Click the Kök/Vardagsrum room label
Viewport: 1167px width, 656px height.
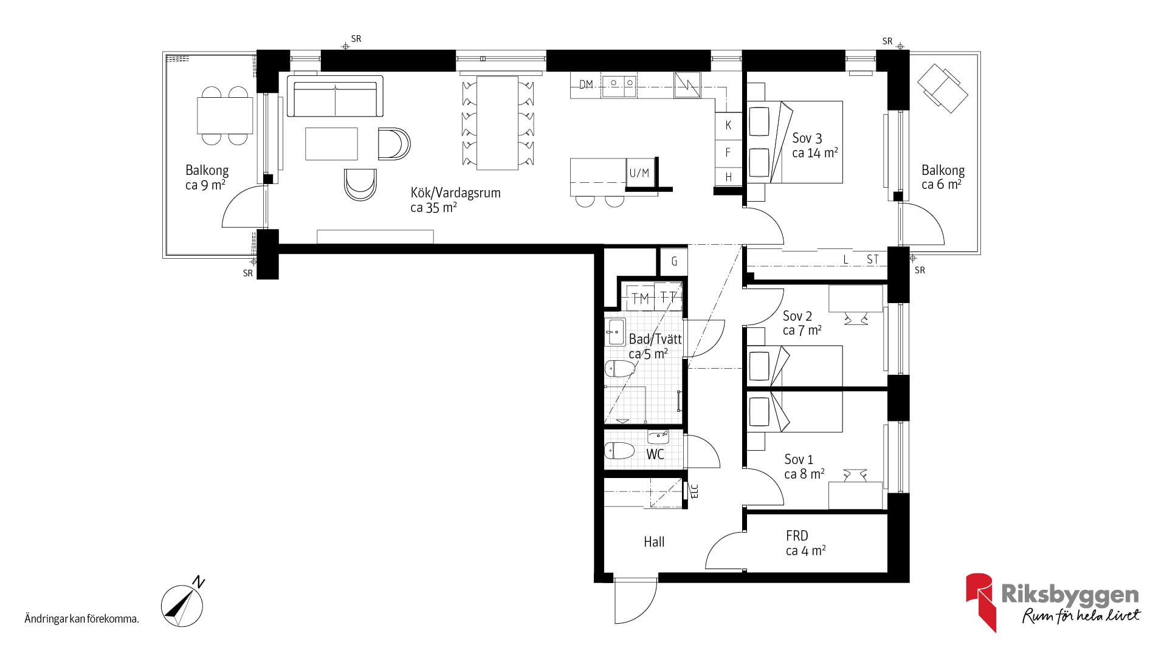click(x=455, y=193)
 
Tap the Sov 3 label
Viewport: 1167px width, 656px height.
click(x=807, y=138)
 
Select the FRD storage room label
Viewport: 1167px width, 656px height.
click(x=797, y=536)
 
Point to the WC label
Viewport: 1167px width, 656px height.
click(x=655, y=454)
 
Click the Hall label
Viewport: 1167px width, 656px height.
click(x=654, y=542)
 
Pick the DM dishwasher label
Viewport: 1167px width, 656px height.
click(x=586, y=84)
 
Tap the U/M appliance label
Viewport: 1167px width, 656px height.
click(x=639, y=173)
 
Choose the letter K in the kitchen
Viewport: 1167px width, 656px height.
click(x=728, y=125)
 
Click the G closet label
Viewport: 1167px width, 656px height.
click(x=674, y=262)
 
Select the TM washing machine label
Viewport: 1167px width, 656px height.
click(x=641, y=298)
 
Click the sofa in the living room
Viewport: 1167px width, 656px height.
click(x=335, y=97)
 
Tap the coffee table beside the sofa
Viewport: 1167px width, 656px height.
click(x=331, y=143)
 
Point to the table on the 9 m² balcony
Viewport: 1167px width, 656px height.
click(x=225, y=115)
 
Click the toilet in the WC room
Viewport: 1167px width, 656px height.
click(x=619, y=451)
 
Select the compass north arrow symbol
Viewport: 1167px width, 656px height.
click(x=182, y=604)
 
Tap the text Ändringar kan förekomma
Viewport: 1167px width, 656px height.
click(x=82, y=620)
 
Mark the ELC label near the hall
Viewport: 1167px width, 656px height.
click(x=695, y=490)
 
